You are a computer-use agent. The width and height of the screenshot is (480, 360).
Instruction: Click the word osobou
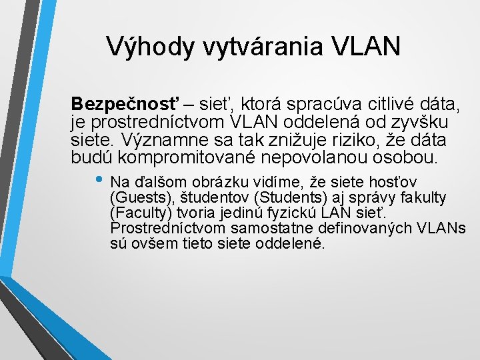[411, 159]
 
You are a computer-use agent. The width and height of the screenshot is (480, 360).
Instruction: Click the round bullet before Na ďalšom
[100, 182]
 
